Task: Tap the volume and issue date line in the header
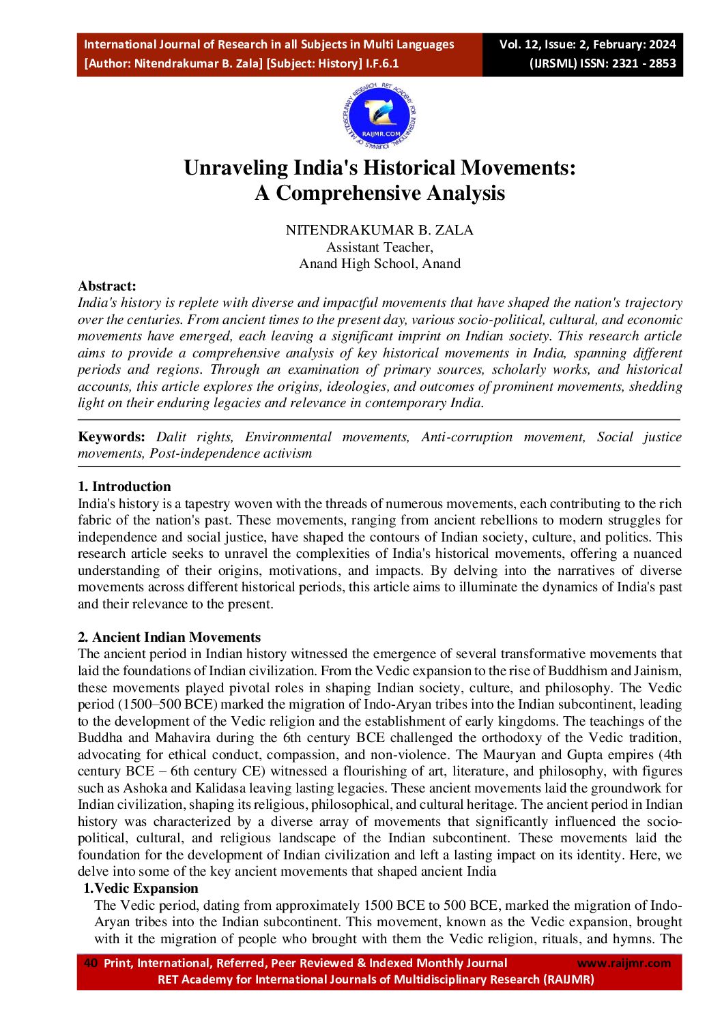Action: click(x=587, y=44)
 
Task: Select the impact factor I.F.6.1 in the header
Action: click(x=383, y=63)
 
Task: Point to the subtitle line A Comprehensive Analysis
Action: click(x=380, y=193)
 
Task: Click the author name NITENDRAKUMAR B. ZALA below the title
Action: click(x=379, y=230)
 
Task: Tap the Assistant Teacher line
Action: click(x=379, y=247)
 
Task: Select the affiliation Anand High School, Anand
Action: click(x=379, y=263)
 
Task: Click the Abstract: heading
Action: click(x=107, y=286)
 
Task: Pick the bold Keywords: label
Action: click(x=111, y=437)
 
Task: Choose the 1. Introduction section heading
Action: click(x=124, y=486)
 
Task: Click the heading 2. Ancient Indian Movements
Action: click(x=169, y=637)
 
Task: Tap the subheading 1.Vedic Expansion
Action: click(x=141, y=888)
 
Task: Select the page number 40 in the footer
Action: click(x=90, y=963)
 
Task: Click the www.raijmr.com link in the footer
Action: click(x=624, y=963)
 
